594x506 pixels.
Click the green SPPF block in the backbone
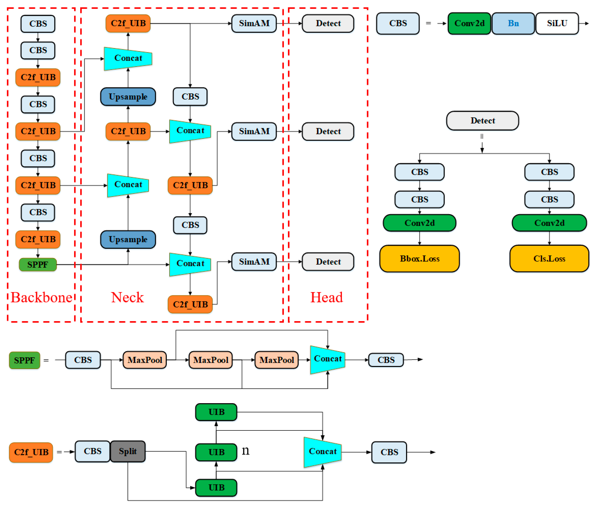[38, 264]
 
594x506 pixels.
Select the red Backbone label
[42, 297]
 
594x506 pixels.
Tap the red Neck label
[127, 297]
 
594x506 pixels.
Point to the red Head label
[327, 297]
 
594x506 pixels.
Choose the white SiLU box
[557, 23]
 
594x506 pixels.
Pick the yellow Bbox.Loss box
[419, 258]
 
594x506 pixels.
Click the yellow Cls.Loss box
[549, 258]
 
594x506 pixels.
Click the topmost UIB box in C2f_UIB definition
[216, 412]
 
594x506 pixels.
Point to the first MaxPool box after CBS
[145, 360]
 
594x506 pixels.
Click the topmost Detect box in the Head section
[328, 23]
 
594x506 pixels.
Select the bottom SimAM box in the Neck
[254, 262]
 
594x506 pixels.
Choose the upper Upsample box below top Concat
[128, 97]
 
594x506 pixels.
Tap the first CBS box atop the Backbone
[38, 24]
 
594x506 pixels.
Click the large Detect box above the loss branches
[482, 120]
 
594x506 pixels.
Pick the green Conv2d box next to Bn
[469, 23]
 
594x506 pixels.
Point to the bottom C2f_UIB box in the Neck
[190, 304]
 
